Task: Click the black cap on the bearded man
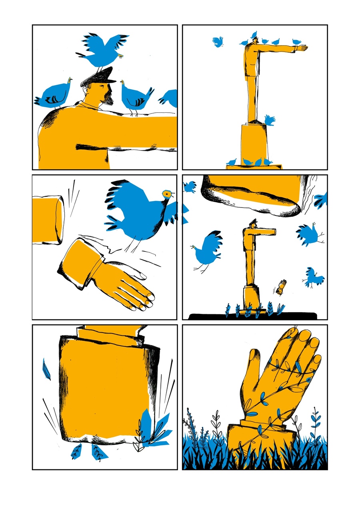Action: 97,77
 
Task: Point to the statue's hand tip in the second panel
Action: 304,48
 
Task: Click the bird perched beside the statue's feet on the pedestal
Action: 269,120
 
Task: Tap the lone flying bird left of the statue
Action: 218,41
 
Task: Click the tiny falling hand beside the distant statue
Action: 282,287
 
